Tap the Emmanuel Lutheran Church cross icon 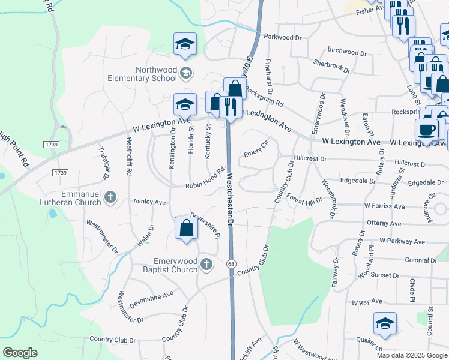pyautogui.click(x=110, y=197)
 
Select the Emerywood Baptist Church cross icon pyautogui.click(x=206, y=264)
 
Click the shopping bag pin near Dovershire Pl pyautogui.click(x=186, y=229)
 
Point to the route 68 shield pyautogui.click(x=231, y=264)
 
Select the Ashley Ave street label pyautogui.click(x=149, y=202)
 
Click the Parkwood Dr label pyautogui.click(x=282, y=37)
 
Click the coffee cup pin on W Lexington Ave pyautogui.click(x=426, y=130)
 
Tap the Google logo pyautogui.click(x=20, y=353)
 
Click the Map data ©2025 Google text pyautogui.click(x=411, y=355)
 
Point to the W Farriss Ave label pyautogui.click(x=384, y=206)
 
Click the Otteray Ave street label pyautogui.click(x=384, y=223)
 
